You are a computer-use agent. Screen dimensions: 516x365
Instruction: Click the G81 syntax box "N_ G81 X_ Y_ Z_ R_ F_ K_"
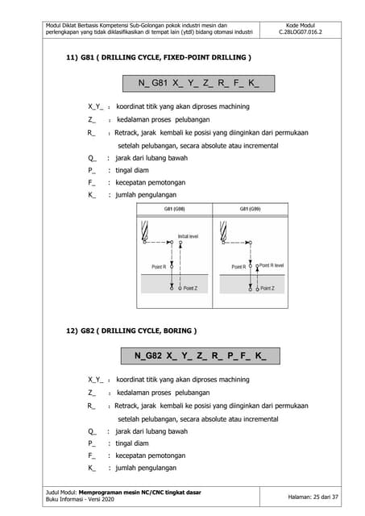[198, 83]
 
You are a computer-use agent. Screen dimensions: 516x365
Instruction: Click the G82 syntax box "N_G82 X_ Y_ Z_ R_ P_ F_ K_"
[198, 355]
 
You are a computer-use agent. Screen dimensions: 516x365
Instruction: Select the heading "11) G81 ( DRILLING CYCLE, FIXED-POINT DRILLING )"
[158, 59]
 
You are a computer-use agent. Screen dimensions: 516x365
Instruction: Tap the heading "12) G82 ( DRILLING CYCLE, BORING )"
[131, 331]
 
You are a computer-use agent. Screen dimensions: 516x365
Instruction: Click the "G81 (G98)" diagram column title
[175, 208]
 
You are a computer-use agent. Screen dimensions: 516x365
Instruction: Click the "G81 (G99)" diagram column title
[250, 208]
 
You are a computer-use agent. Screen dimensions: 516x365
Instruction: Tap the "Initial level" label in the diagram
[189, 235]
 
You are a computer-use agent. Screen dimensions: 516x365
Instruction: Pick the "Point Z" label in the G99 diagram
[267, 288]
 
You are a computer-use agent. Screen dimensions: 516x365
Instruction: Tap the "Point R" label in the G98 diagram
[159, 266]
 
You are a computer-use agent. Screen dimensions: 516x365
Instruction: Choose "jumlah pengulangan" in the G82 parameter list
[147, 468]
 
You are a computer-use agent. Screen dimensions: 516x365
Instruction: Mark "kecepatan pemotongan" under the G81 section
[151, 183]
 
